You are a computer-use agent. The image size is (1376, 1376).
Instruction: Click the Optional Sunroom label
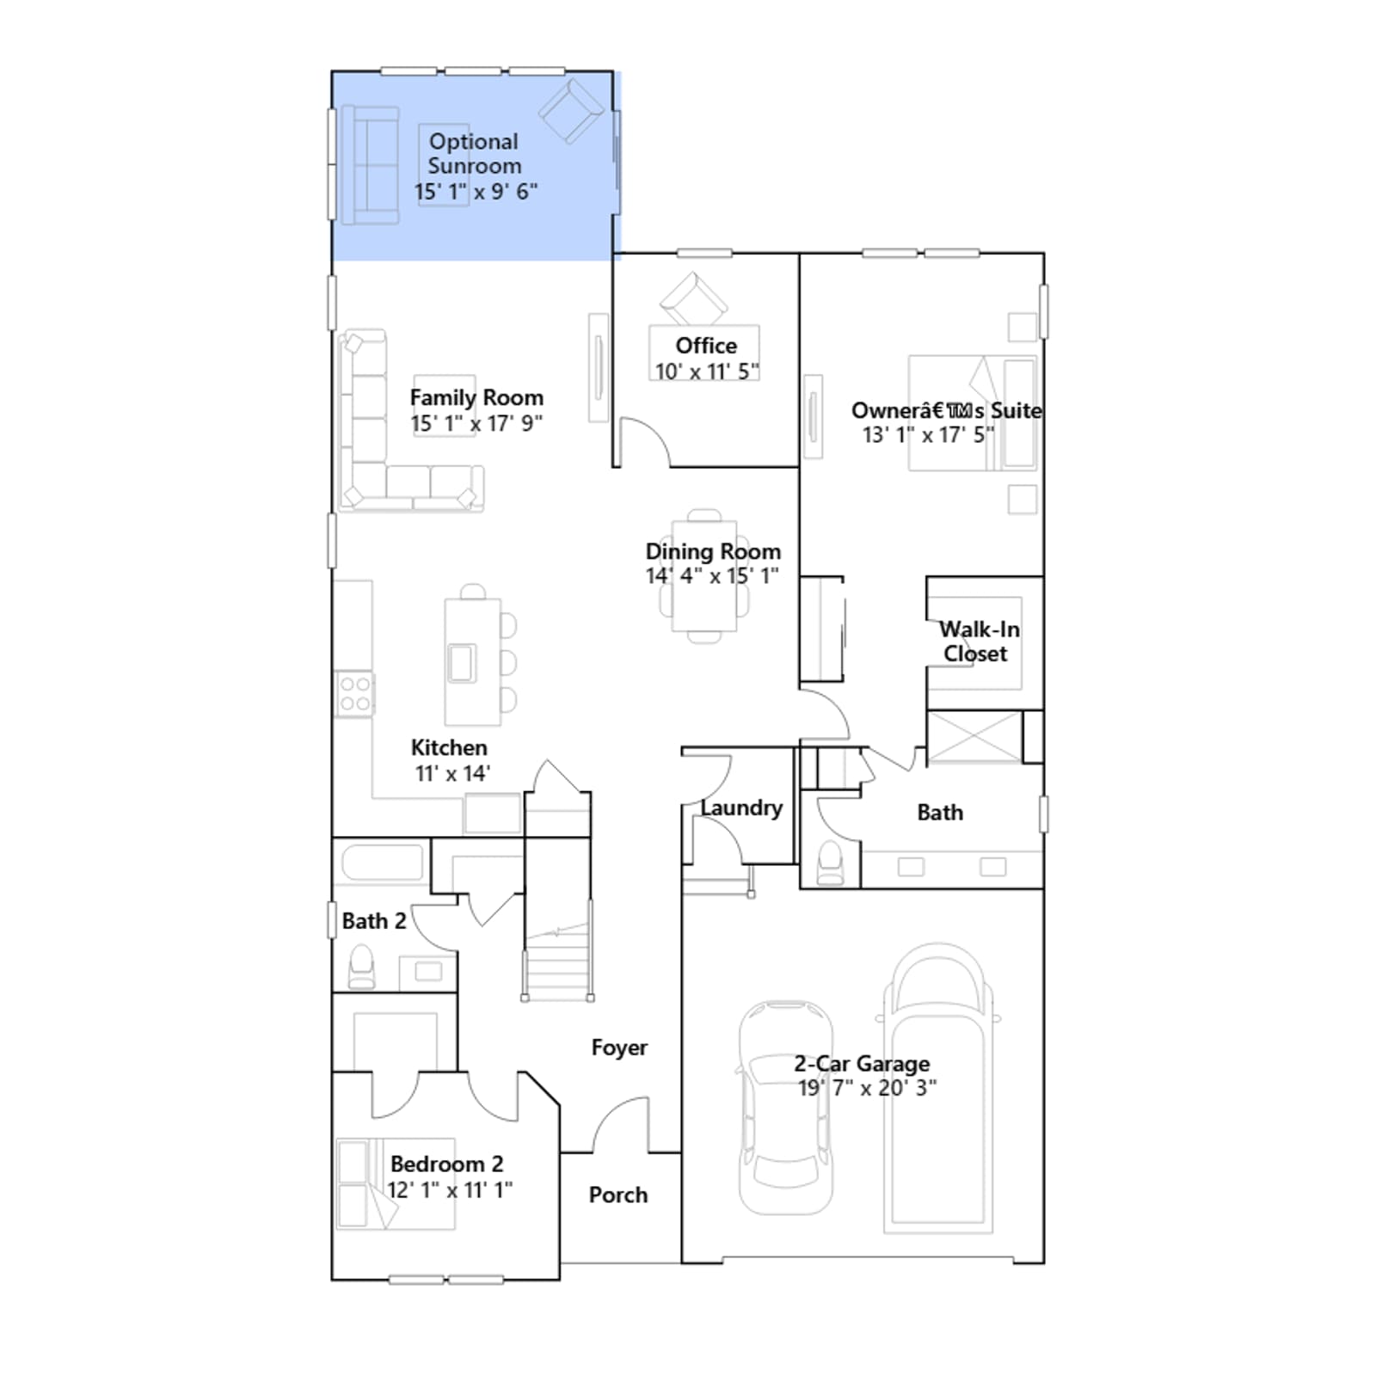tap(475, 154)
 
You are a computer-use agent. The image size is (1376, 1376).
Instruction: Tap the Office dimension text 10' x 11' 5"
tap(707, 372)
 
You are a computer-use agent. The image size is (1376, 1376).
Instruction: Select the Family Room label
tap(476, 397)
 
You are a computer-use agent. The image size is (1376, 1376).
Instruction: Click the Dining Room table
tap(704, 575)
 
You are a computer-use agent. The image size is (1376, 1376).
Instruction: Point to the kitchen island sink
tap(462, 662)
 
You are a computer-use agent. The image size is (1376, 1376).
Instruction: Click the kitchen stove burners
tap(354, 694)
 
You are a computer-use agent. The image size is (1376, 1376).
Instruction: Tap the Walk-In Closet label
tap(978, 642)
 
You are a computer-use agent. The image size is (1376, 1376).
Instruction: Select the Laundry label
tap(741, 808)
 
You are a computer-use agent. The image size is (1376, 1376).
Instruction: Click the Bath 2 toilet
tap(361, 967)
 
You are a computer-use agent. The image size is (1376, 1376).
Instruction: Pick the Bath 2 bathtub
tap(382, 863)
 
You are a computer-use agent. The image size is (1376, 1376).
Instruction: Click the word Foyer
tap(619, 1047)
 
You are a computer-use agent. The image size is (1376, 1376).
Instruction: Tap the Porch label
tap(618, 1195)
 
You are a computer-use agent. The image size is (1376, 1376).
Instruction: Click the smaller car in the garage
tap(785, 1108)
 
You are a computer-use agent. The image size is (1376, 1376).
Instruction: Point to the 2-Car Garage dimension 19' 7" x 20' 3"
tap(867, 1088)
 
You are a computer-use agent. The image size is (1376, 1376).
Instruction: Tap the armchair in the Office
tap(694, 298)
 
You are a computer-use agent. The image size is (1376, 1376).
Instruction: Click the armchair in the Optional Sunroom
tap(570, 110)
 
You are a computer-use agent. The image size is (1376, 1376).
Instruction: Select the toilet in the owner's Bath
tap(831, 863)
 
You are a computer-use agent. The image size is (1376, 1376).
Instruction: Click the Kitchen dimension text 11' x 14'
tap(452, 773)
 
